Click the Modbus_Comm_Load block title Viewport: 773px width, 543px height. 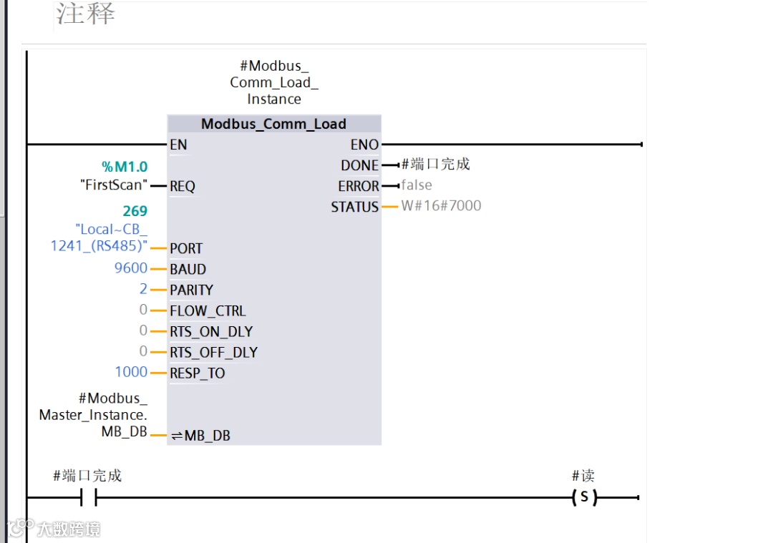(273, 124)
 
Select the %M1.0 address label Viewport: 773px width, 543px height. (125, 167)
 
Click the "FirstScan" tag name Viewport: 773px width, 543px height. (114, 186)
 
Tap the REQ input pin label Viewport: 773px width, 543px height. (183, 187)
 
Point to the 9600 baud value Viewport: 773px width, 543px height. (130, 268)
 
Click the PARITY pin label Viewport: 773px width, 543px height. (191, 290)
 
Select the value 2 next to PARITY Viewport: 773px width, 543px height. (143, 289)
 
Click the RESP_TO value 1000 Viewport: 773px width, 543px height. (131, 372)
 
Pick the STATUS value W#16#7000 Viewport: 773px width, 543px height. (441, 206)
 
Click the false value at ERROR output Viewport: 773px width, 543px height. (417, 185)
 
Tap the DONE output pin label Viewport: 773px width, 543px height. (359, 165)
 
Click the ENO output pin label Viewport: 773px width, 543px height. (364, 145)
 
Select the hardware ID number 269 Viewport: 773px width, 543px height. (135, 211)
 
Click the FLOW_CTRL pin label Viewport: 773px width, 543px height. (208, 310)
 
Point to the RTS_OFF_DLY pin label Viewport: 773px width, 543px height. (213, 352)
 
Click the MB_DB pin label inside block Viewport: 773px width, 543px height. (207, 436)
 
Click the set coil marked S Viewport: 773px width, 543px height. (584, 497)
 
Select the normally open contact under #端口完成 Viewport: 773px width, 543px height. (88, 497)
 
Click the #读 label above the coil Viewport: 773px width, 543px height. (583, 476)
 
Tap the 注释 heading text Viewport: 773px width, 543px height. (86, 14)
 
